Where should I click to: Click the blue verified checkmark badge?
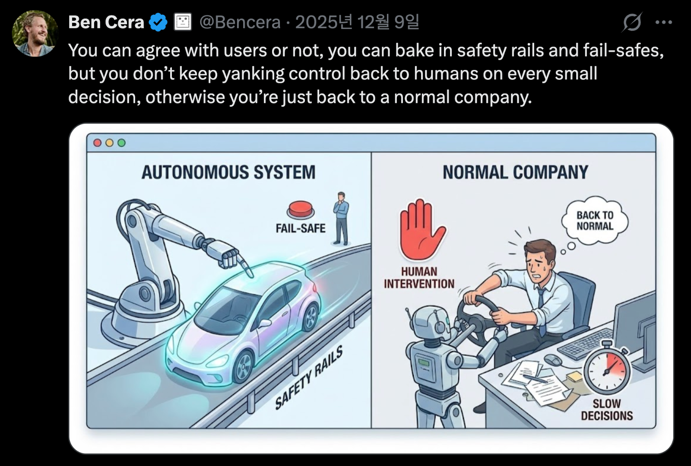[158, 22]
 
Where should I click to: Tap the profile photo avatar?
[35, 34]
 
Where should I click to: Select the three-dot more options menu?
[664, 22]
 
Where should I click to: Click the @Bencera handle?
[240, 22]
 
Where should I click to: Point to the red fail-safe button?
[301, 209]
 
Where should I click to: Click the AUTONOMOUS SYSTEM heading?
[228, 172]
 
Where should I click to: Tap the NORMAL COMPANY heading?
[516, 172]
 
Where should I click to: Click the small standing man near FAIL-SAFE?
[341, 219]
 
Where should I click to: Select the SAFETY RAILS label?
[309, 377]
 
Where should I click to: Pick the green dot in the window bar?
[121, 143]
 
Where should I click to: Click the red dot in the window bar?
[98, 143]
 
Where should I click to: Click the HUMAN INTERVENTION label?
[419, 278]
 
